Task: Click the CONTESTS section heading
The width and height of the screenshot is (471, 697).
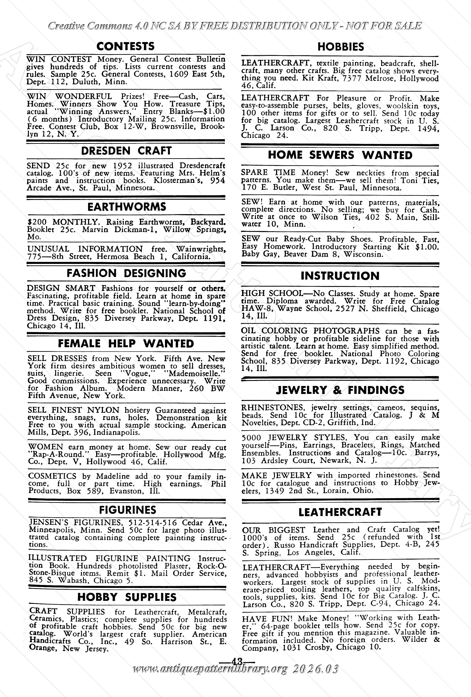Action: click(x=125, y=46)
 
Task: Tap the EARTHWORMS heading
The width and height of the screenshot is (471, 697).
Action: click(x=127, y=207)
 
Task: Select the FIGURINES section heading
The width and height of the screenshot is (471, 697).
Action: click(x=128, y=510)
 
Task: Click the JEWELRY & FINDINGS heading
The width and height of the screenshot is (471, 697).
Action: click(x=340, y=390)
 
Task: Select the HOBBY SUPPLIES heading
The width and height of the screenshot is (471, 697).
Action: click(x=127, y=597)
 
